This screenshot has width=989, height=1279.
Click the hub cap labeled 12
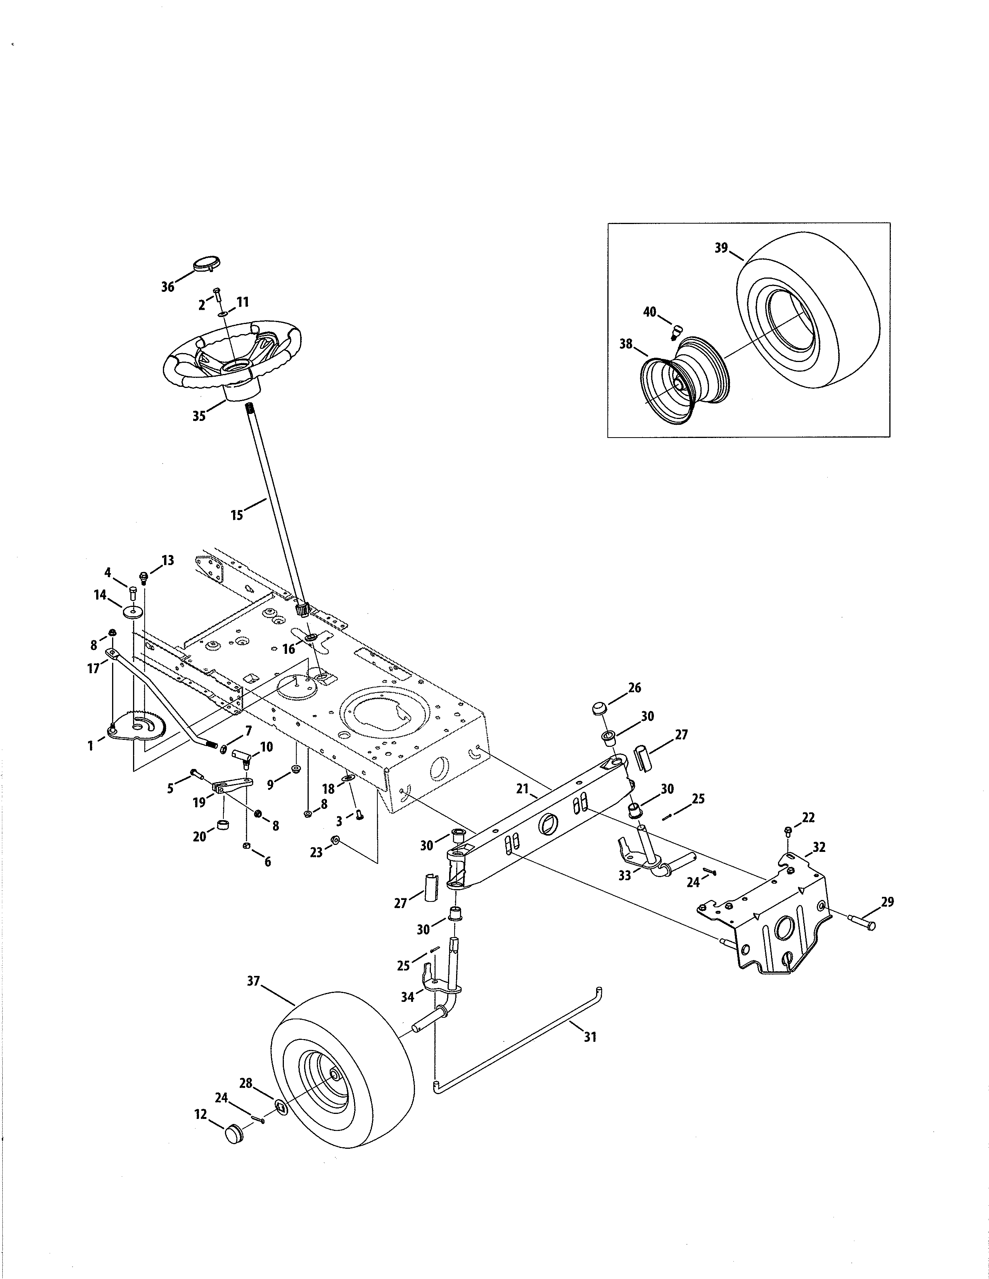tap(234, 1132)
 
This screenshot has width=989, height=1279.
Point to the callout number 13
tap(168, 560)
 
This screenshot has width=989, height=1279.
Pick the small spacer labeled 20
tap(223, 825)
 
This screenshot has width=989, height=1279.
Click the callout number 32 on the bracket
tap(819, 847)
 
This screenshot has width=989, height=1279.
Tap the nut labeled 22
tap(788, 830)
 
